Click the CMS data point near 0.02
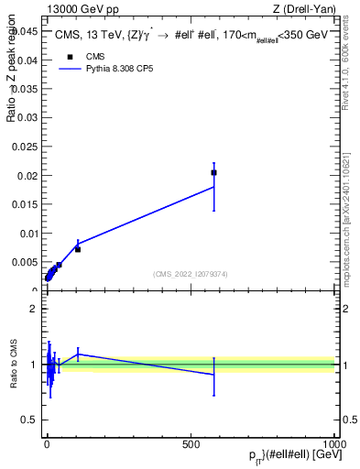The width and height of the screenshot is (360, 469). pyautogui.click(x=213, y=172)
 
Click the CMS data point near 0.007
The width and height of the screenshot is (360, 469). pyautogui.click(x=78, y=249)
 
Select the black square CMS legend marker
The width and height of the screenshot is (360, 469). pyautogui.click(x=70, y=57)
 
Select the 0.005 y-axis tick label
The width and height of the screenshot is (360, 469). pyautogui.click(x=25, y=262)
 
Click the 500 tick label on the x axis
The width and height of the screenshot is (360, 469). pyautogui.click(x=191, y=442)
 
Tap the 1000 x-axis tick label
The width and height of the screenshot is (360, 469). pyautogui.click(x=334, y=442)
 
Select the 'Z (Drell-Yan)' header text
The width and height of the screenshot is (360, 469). pyautogui.click(x=304, y=9)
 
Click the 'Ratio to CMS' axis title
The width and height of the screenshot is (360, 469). pyautogui.click(x=14, y=364)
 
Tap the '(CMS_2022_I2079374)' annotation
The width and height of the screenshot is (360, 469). pyautogui.click(x=190, y=274)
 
